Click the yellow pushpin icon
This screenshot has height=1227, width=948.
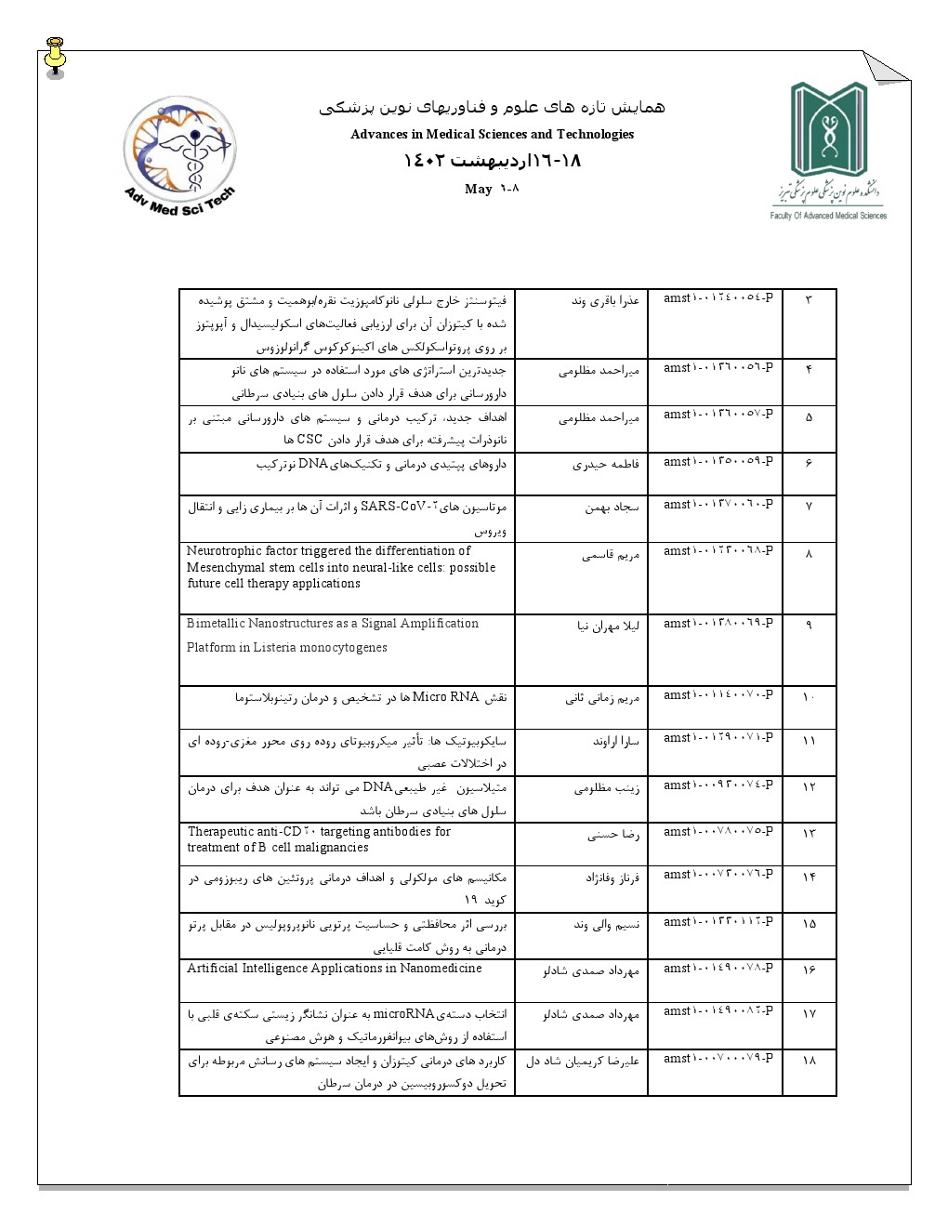tap(56, 57)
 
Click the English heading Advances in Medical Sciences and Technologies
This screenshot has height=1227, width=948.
tap(492, 135)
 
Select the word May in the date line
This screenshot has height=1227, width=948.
tap(478, 189)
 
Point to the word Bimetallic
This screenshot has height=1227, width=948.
tap(216, 624)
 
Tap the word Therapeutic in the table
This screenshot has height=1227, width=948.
tap(220, 832)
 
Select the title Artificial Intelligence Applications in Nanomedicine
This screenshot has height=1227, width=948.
tap(334, 969)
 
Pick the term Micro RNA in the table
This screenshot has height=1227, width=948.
tap(446, 697)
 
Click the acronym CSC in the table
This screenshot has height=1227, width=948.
tap(309, 440)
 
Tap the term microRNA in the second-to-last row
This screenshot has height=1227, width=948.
tap(403, 1014)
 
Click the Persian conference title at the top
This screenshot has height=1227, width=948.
tap(492, 108)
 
